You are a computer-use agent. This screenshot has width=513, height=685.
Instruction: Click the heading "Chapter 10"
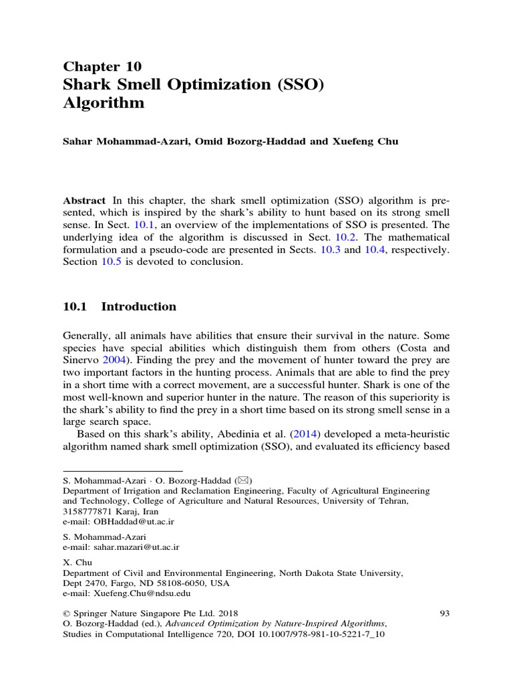coord(102,66)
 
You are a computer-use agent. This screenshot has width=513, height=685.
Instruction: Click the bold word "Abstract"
coord(84,201)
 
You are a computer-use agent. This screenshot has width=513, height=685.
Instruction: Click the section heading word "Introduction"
coord(139,307)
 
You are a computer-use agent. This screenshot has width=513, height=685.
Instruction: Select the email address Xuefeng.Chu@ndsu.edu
coord(136,593)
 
